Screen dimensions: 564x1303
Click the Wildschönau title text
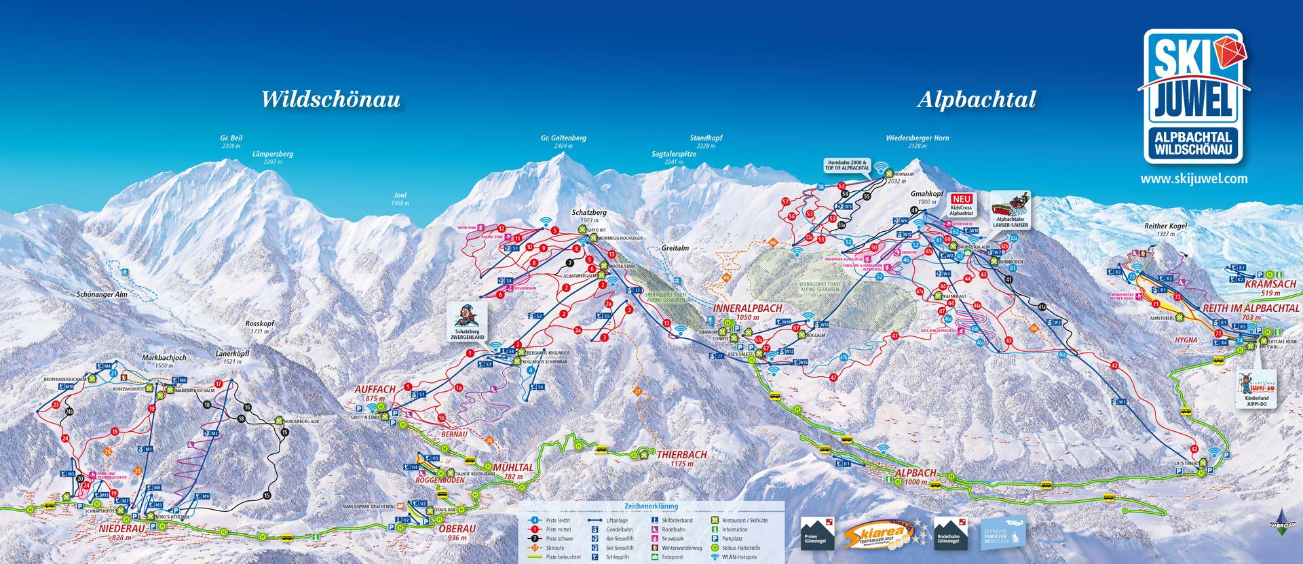coord(331,100)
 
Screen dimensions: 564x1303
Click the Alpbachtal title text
coord(977,100)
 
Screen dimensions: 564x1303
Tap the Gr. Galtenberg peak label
coord(563,138)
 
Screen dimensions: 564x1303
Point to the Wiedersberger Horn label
coord(917,138)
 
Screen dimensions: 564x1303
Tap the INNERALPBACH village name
coord(747,308)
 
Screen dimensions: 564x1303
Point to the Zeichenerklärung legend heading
coord(651,506)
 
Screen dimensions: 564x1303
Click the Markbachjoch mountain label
coord(164,357)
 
